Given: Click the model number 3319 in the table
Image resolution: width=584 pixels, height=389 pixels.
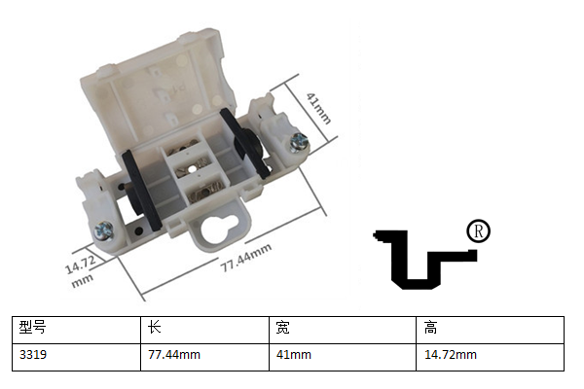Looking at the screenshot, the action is pos(33,354).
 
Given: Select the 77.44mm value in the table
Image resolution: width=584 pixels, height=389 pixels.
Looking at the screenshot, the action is pos(174,354).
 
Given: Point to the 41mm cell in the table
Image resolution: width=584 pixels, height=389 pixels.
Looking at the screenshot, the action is pos(294,354).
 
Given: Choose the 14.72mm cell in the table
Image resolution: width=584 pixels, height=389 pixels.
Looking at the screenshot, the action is pos(451,354).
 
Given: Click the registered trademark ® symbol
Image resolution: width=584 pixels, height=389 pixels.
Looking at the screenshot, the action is pos(478,231).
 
